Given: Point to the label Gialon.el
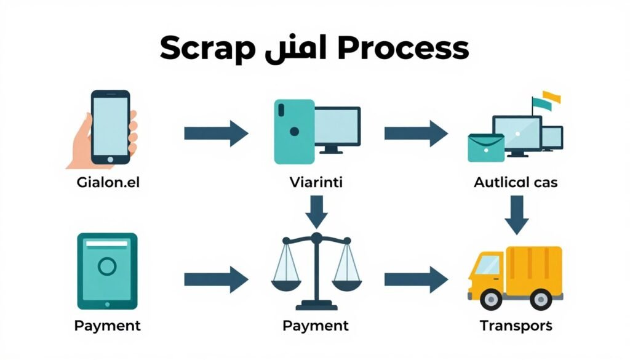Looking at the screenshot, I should pyautogui.click(x=109, y=183).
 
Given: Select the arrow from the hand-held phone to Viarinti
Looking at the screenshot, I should pyautogui.click(x=215, y=133).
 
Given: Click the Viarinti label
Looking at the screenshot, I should pyautogui.click(x=316, y=183).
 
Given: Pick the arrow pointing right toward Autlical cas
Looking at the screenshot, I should pyautogui.click(x=416, y=133).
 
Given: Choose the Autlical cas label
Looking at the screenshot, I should pyautogui.click(x=516, y=183).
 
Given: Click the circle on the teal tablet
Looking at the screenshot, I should pyautogui.click(x=108, y=266).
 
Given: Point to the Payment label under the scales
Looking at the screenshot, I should pyautogui.click(x=316, y=326).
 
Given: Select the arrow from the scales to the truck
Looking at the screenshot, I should pyautogui.click(x=416, y=279).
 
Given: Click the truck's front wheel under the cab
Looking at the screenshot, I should pyautogui.click(x=490, y=300).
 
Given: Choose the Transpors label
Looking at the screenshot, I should pyautogui.click(x=516, y=326).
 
